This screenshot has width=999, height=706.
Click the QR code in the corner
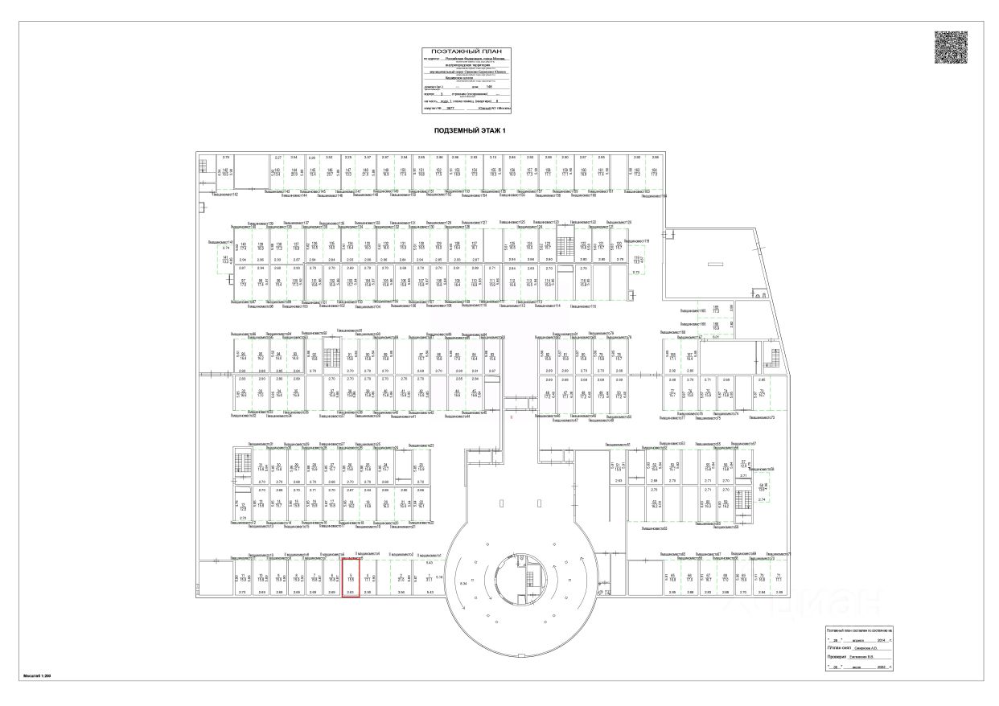click(x=951, y=47)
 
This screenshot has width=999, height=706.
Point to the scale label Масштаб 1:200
click(x=37, y=676)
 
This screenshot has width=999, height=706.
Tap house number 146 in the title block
click(x=489, y=86)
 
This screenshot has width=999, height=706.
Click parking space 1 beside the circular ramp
click(x=429, y=577)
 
